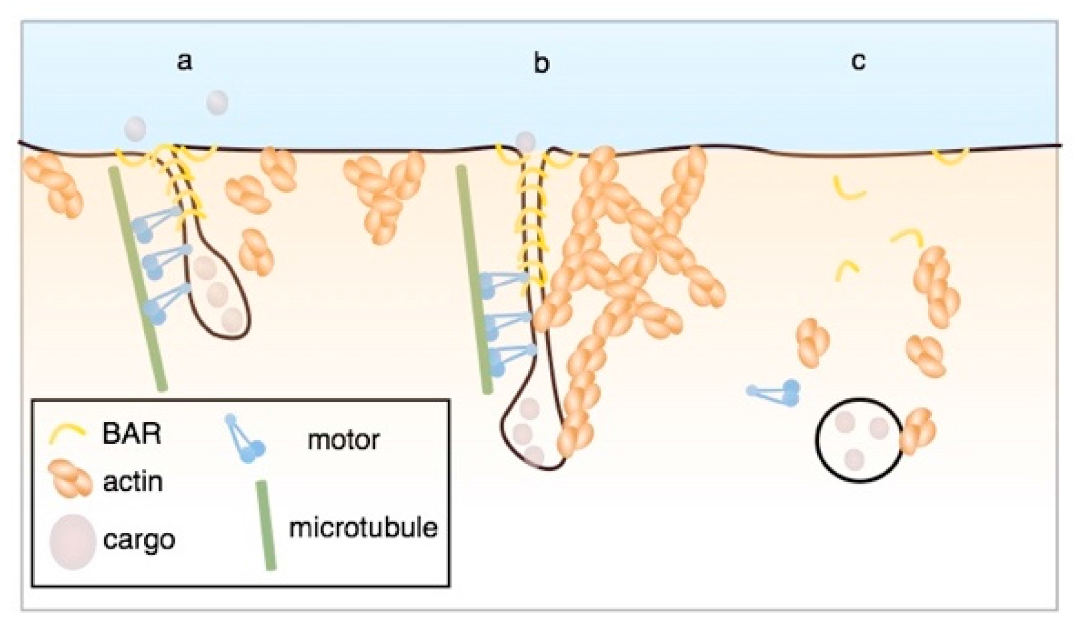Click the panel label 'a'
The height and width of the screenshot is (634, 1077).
[x=184, y=62]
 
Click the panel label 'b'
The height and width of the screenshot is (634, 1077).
[x=541, y=64]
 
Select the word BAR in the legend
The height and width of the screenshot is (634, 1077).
[x=131, y=435]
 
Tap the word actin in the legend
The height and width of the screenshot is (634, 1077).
[x=133, y=482]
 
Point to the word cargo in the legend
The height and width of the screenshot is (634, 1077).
[x=139, y=540]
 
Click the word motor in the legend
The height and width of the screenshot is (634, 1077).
[x=344, y=440]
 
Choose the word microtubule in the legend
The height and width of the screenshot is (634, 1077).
[x=363, y=528]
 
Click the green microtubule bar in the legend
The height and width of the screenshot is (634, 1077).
[x=266, y=525]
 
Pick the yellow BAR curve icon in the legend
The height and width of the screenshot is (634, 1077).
[x=66, y=435]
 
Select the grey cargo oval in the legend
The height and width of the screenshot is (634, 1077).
[x=72, y=542]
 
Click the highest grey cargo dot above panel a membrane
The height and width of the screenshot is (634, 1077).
[x=217, y=102]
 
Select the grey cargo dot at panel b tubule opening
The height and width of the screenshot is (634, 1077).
[x=525, y=142]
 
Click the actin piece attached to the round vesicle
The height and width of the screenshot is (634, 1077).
[x=918, y=431]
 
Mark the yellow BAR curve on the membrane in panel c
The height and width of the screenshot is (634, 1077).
[x=950, y=157]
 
